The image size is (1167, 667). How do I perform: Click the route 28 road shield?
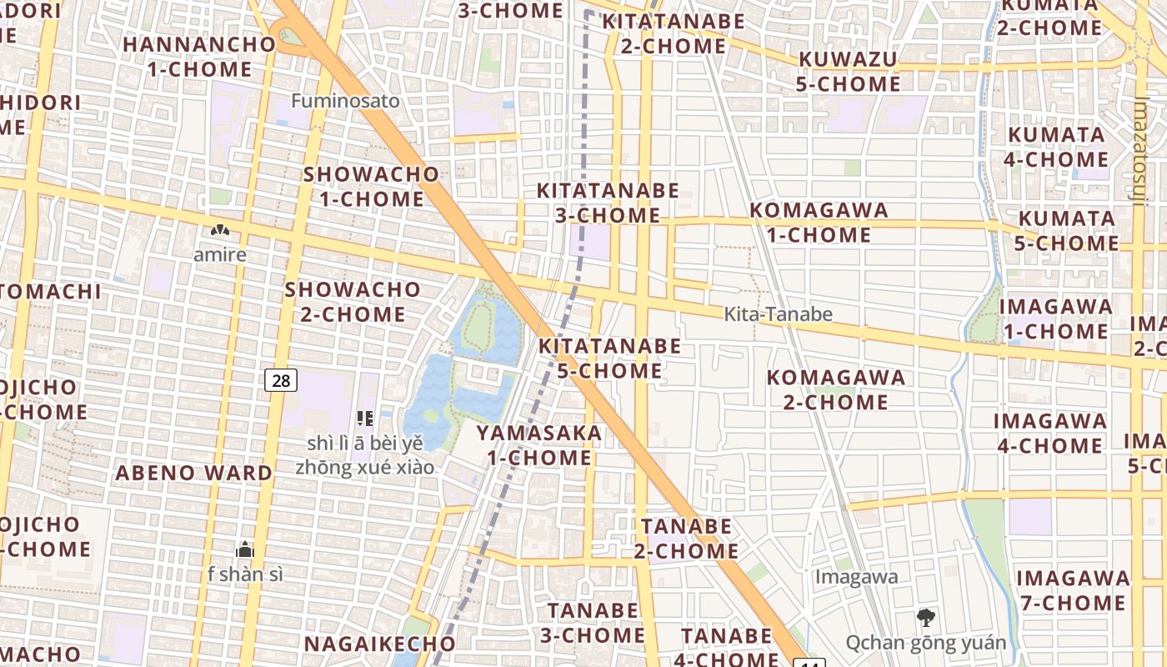(x=282, y=381)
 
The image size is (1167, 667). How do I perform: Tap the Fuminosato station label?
(x=346, y=101)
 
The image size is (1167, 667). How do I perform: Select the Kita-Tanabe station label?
(x=778, y=314)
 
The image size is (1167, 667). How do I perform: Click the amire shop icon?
(x=220, y=230)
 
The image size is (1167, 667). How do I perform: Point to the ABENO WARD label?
(x=194, y=473)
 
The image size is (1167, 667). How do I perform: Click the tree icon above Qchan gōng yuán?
(x=925, y=618)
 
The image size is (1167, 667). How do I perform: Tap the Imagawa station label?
(x=856, y=576)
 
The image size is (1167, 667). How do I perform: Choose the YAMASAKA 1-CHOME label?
(x=539, y=445)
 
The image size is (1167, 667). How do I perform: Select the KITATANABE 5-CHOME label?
(x=609, y=358)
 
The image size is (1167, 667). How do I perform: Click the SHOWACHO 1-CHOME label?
(x=371, y=187)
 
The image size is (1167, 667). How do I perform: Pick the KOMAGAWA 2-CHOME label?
(x=835, y=389)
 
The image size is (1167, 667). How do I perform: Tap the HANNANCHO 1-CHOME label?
(x=199, y=57)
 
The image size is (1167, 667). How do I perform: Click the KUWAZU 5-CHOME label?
(x=849, y=72)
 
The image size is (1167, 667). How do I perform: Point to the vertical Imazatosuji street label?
(x=1141, y=150)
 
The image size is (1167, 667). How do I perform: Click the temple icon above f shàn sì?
(x=244, y=549)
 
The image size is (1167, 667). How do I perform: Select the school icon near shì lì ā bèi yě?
(x=364, y=418)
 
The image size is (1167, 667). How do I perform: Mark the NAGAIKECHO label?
(x=379, y=644)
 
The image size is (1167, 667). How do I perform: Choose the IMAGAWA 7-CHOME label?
(x=1073, y=590)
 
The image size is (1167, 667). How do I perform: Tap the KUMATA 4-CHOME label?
(x=1057, y=147)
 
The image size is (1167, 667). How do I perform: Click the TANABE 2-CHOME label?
(x=687, y=539)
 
